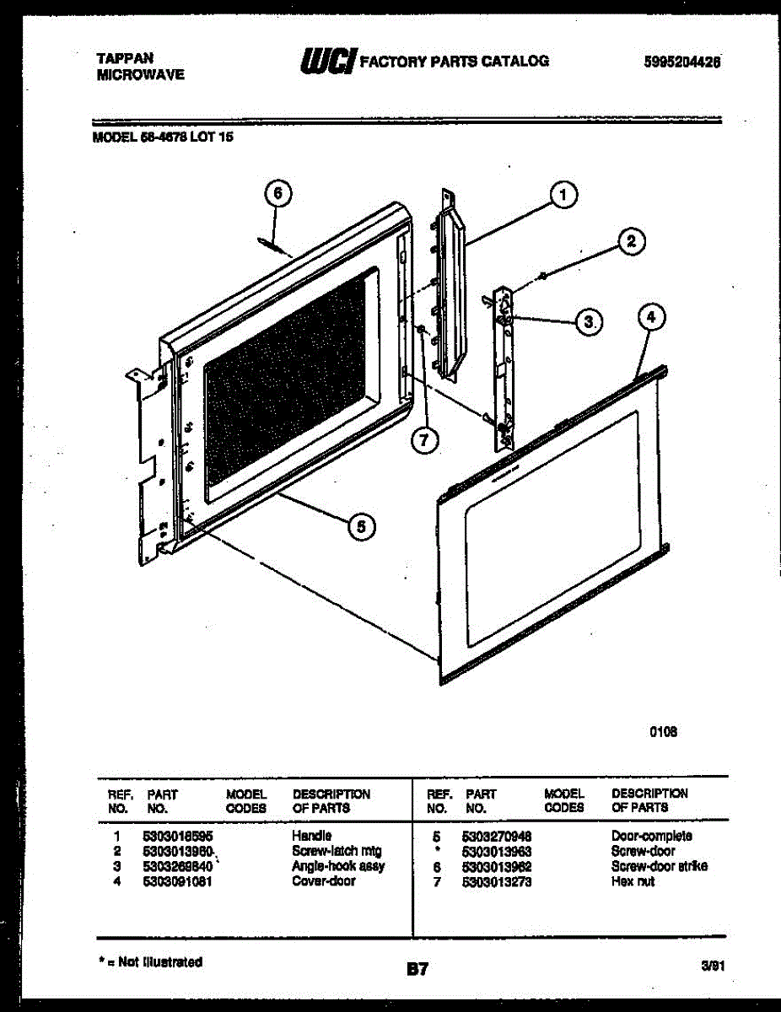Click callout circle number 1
click(x=563, y=195)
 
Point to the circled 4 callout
click(x=649, y=318)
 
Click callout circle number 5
click(x=361, y=526)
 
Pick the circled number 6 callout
click(x=277, y=194)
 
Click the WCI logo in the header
click(x=326, y=62)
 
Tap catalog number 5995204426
click(x=684, y=62)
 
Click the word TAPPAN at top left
click(x=125, y=58)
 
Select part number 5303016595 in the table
click(x=177, y=836)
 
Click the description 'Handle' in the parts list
click(x=311, y=836)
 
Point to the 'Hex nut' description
click(x=633, y=881)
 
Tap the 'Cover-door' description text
click(x=323, y=881)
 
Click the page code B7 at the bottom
click(x=417, y=970)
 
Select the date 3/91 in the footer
click(x=713, y=969)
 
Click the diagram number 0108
click(x=664, y=732)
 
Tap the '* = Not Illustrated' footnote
click(x=150, y=961)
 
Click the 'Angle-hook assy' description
click(x=337, y=866)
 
